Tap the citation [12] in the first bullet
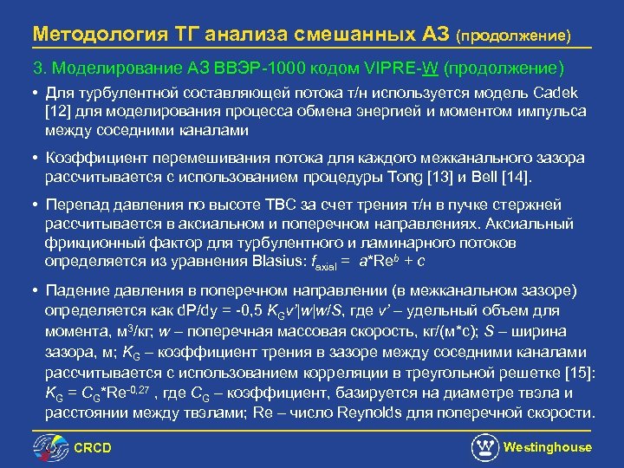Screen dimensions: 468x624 [x=59, y=112]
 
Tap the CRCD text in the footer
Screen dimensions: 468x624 [x=93, y=448]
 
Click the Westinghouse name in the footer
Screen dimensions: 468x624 [x=547, y=447]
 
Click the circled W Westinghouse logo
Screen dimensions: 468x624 [x=484, y=447]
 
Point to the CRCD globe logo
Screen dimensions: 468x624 [x=49, y=448]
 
